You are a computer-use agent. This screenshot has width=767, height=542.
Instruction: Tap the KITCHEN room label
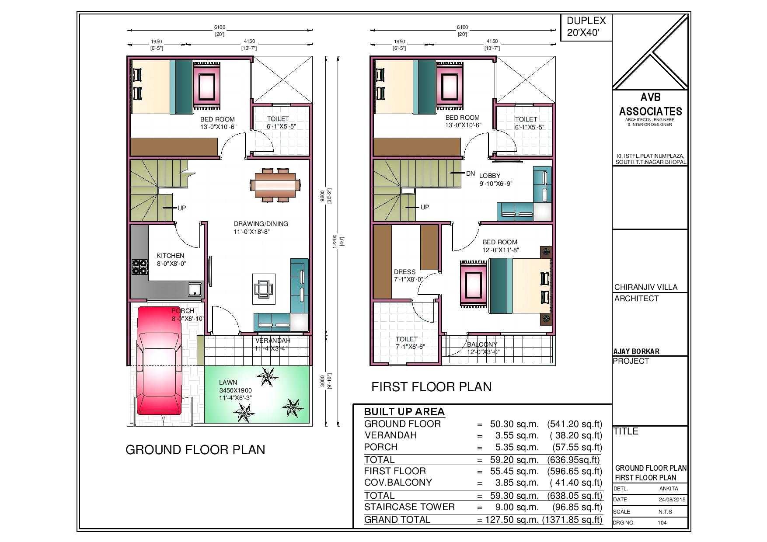[171, 256]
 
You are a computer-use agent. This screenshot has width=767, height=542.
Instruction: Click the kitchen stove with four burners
[140, 267]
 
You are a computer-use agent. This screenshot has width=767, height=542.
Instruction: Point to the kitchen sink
[195, 289]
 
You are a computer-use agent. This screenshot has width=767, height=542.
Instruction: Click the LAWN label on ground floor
[228, 382]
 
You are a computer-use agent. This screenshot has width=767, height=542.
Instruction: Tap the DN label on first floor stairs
[471, 174]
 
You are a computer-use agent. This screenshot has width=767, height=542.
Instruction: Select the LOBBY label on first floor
[490, 176]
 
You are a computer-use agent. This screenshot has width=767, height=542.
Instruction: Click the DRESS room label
[404, 272]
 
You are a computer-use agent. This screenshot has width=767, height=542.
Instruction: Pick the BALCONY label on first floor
[482, 344]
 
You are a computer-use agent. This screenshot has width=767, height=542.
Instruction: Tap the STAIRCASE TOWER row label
[409, 507]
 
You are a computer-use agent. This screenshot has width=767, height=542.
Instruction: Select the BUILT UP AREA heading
[404, 412]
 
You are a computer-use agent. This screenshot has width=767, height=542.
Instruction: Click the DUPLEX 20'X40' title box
[586, 27]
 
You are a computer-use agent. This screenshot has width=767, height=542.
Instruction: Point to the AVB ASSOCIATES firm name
[650, 105]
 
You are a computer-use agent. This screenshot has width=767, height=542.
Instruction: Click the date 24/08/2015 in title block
[672, 500]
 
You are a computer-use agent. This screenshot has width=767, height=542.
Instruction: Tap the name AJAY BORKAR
[636, 351]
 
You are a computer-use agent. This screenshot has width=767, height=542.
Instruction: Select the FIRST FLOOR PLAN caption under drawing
[431, 387]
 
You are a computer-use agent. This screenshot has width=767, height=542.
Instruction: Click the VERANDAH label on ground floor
[273, 340]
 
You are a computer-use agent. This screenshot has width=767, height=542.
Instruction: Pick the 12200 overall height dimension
[335, 241]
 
